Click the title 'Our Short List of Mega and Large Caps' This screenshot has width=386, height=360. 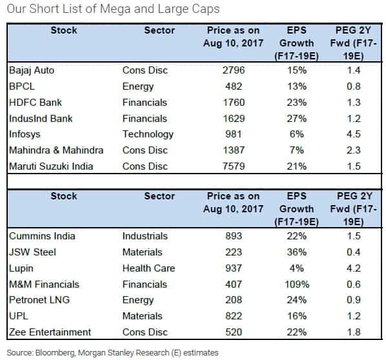pyautogui.click(x=113, y=10)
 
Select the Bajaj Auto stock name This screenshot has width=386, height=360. pyautogui.click(x=32, y=70)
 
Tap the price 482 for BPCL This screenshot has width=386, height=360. pyautogui.click(x=234, y=86)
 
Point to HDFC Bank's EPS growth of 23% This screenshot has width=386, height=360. pyautogui.click(x=297, y=103)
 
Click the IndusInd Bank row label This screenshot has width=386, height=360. pyautogui.click(x=41, y=119)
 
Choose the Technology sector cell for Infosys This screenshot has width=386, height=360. pyautogui.click(x=148, y=135)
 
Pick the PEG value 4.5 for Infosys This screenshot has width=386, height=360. pyautogui.click(x=354, y=134)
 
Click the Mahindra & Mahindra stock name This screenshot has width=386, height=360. pyautogui.click(x=56, y=150)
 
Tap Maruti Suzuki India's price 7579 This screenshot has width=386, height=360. pyautogui.click(x=234, y=166)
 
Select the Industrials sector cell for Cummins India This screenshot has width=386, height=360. pyautogui.click(x=145, y=236)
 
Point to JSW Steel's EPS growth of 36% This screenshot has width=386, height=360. pyautogui.click(x=297, y=252)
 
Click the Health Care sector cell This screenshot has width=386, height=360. pyautogui.click(x=148, y=268)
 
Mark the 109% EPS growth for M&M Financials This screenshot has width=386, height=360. pyautogui.click(x=297, y=285)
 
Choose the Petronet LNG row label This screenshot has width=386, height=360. pyautogui.click(x=39, y=300)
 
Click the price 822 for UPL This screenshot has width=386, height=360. pyautogui.click(x=234, y=316)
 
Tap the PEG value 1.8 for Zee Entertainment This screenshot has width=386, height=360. pyautogui.click(x=354, y=332)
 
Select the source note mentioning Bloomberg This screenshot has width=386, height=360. pyautogui.click(x=112, y=353)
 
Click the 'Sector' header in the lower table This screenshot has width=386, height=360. pyautogui.click(x=159, y=196)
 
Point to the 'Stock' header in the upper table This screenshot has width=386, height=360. pyautogui.click(x=64, y=30)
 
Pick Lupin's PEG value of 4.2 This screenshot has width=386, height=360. pyautogui.click(x=354, y=268)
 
